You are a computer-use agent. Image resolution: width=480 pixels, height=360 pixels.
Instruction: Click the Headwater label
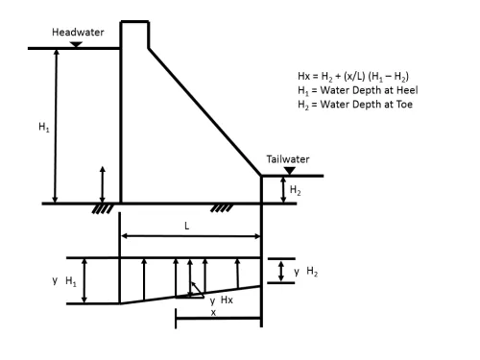(78, 33)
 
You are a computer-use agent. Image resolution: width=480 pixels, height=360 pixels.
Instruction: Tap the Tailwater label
(288, 159)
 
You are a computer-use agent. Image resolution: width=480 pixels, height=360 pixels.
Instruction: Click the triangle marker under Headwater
(76, 45)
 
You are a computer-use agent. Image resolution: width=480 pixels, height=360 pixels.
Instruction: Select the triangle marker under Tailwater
(290, 171)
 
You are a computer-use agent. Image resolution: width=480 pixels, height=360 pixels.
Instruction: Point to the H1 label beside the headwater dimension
(44, 127)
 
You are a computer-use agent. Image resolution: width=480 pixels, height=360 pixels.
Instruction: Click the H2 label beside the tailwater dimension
(295, 190)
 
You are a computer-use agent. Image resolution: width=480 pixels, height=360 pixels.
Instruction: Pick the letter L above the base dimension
(187, 227)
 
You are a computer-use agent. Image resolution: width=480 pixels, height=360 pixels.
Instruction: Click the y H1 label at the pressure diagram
(64, 281)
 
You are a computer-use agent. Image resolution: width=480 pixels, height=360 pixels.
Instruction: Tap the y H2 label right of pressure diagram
(305, 272)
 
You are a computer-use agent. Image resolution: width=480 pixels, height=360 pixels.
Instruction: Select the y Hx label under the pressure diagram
(222, 300)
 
